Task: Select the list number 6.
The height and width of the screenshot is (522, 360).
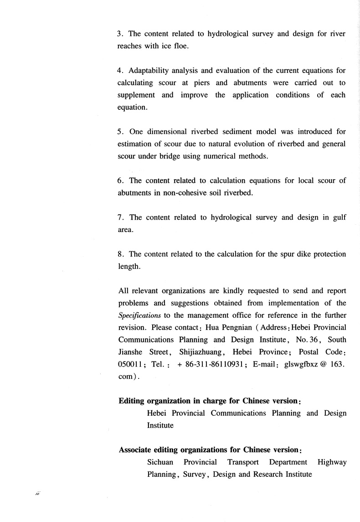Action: coord(120,181)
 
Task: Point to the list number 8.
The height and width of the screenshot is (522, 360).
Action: coord(120,254)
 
